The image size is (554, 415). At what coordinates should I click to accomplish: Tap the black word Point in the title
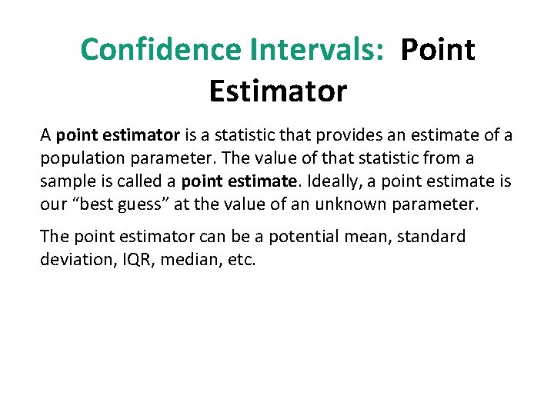click(x=439, y=50)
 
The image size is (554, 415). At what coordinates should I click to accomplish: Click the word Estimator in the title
click(x=278, y=91)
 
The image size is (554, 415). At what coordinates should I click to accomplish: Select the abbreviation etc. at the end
click(x=242, y=260)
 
